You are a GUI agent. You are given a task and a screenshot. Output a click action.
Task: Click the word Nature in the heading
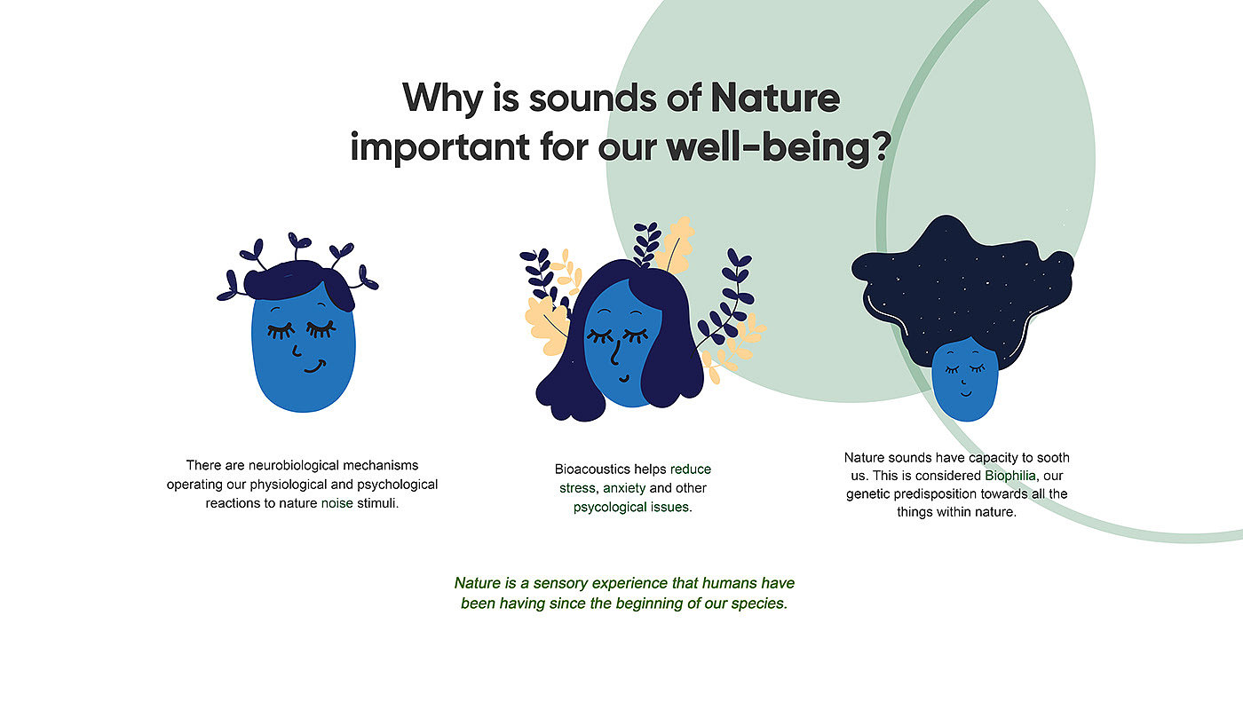click(774, 98)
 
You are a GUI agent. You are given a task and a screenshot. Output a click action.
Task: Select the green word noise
click(336, 503)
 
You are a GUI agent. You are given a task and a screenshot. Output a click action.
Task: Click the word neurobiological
click(294, 465)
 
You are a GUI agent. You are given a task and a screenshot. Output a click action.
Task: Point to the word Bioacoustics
click(593, 469)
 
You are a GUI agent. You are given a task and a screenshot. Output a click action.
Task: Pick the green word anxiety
click(624, 489)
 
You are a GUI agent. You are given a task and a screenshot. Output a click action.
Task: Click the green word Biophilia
click(1010, 476)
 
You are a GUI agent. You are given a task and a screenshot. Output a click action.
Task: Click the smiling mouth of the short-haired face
click(314, 367)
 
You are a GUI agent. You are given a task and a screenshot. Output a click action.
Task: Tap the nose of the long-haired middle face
click(614, 353)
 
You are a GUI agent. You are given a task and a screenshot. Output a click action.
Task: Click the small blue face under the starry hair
click(964, 380)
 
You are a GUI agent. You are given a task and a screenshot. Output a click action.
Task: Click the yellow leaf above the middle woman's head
click(674, 244)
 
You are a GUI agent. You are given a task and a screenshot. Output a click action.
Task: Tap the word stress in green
click(577, 489)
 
